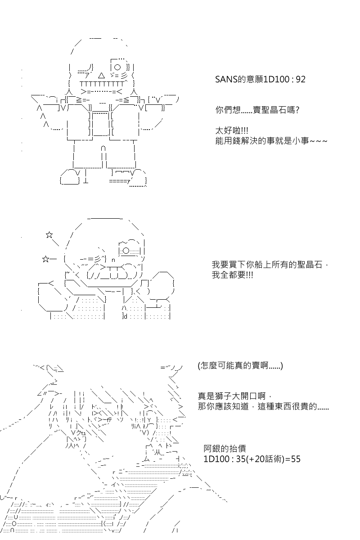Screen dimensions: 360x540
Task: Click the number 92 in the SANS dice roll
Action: coord(301,79)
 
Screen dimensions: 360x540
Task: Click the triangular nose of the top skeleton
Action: coord(102,76)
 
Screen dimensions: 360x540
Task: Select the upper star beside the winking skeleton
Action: coord(49,234)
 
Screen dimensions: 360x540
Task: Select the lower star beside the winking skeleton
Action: coord(45,259)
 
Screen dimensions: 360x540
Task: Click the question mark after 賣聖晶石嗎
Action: coord(297,110)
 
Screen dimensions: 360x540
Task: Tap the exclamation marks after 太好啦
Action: coord(244,131)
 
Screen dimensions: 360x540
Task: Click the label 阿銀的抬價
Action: coord(225,448)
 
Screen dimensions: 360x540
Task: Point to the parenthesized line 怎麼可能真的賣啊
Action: coord(240,366)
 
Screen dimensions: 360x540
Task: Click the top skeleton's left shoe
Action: coord(70,177)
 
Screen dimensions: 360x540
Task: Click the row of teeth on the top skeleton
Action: coord(102,84)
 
